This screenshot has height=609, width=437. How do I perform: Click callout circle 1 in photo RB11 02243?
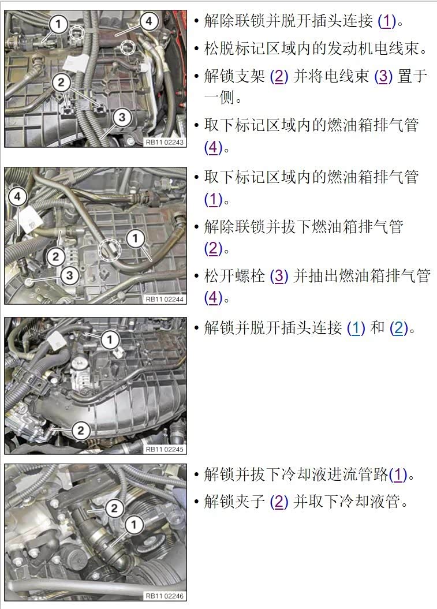tap(58, 24)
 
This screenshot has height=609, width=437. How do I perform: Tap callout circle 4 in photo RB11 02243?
tap(148, 21)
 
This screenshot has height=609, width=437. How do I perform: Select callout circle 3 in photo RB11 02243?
tap(122, 117)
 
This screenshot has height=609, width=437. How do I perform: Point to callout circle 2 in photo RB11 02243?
tap(61, 83)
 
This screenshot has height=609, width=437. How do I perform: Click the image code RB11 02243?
tap(165, 142)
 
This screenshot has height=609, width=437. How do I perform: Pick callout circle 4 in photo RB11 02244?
tap(17, 196)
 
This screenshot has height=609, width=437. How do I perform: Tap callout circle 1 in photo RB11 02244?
tap(135, 238)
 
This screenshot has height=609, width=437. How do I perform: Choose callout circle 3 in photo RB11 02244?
tap(69, 275)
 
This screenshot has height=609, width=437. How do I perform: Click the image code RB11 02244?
tap(165, 299)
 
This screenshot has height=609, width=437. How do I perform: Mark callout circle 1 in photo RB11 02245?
tap(110, 340)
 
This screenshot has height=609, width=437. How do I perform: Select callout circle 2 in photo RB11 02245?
tap(80, 430)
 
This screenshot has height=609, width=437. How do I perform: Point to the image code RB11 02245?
tap(165, 449)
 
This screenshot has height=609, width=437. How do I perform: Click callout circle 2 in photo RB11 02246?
tap(114, 508)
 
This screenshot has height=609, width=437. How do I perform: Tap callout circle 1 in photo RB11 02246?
tap(133, 525)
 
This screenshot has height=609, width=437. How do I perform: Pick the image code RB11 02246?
tap(165, 596)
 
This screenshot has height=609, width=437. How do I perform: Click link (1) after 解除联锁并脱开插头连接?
tap(387, 21)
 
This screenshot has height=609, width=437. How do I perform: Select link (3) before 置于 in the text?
tap(383, 76)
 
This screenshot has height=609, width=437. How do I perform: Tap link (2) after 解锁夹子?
tap(279, 502)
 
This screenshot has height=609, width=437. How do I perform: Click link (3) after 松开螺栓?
tap(279, 276)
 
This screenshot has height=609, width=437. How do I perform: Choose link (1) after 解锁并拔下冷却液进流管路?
tap(398, 475)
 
